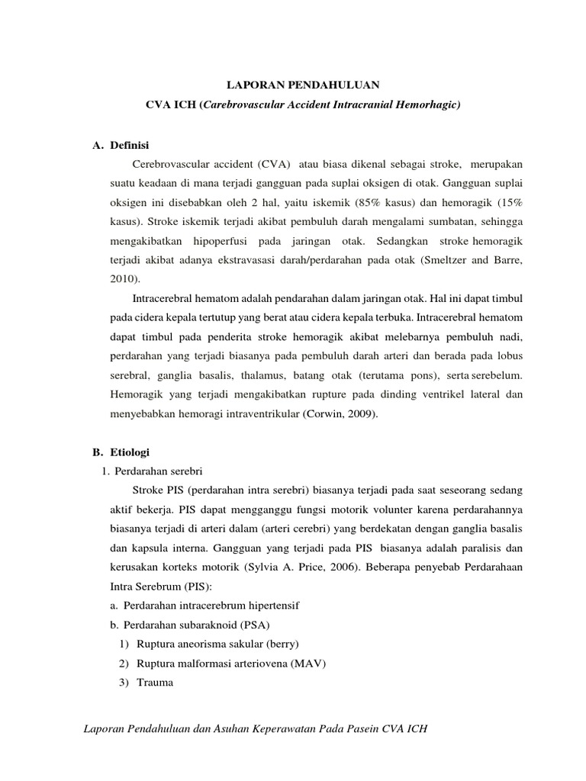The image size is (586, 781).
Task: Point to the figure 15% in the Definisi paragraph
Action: [508, 204]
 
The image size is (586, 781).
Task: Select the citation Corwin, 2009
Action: [340, 414]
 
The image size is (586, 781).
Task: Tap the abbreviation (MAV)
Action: [308, 664]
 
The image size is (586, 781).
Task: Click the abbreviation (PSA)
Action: [242, 625]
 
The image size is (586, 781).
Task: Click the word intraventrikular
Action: [262, 414]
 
